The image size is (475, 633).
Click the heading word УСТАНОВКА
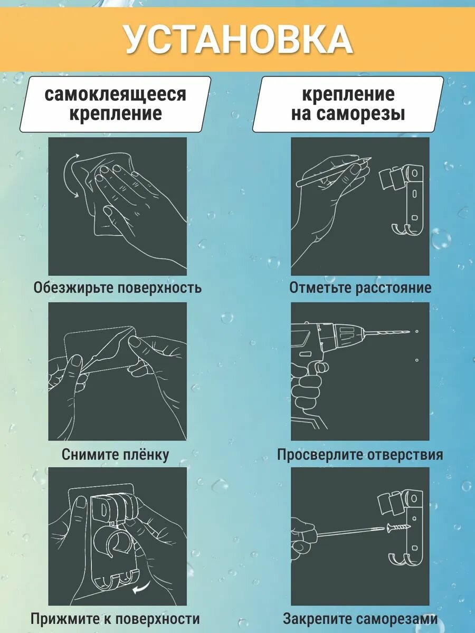pos(239,40)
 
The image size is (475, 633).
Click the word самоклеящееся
pos(116,94)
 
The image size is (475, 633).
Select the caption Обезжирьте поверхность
pos(117,288)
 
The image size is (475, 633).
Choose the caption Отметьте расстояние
pos(360,288)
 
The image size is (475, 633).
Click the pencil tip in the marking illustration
pos(370,158)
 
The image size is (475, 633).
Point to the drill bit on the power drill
pos(390,332)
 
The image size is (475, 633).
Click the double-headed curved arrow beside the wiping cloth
pos(69,175)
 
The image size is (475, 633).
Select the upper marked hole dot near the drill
pos(417,332)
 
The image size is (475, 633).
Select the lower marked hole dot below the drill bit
pos(417,360)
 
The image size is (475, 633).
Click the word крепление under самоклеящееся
pos(116,113)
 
